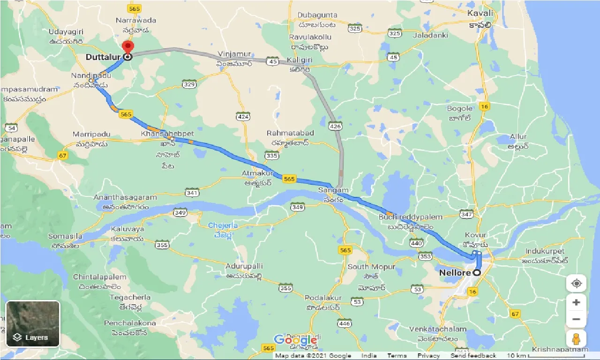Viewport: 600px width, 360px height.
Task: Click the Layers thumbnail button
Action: click(x=33, y=323)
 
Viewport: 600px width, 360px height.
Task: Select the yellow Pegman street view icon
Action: click(x=576, y=338)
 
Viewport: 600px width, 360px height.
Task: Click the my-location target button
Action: click(x=576, y=284)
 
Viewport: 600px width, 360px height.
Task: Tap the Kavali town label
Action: click(x=480, y=14)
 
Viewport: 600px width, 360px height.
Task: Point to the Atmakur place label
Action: click(x=254, y=172)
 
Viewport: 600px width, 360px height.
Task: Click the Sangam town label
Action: click(x=333, y=190)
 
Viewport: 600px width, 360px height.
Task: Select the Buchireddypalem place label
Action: click(x=411, y=217)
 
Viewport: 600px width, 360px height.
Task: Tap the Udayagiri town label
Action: click(x=66, y=32)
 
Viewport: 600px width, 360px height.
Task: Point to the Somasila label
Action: click(x=65, y=236)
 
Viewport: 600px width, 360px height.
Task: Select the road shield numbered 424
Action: click(x=243, y=116)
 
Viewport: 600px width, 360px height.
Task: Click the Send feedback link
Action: click(x=472, y=356)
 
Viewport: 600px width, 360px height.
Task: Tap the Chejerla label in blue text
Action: click(x=223, y=225)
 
